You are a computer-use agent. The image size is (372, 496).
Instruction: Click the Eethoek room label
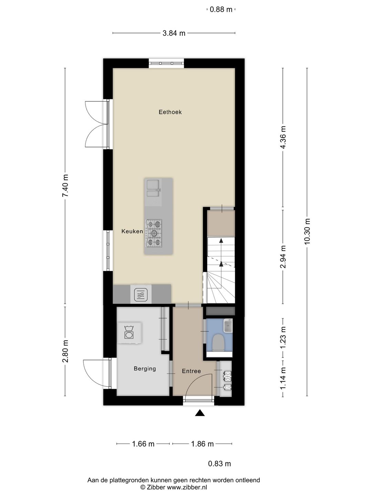170,112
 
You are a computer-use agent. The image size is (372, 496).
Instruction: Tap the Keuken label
132,231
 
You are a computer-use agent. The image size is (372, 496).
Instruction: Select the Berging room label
145,369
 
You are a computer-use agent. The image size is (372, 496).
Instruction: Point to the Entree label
191,371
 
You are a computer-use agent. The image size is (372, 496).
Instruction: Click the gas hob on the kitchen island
154,233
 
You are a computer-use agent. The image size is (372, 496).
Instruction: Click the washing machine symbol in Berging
129,333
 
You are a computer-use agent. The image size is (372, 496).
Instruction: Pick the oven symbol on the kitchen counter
141,294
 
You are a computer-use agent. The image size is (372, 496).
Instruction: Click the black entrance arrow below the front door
200,413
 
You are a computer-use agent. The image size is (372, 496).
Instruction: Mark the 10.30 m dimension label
307,231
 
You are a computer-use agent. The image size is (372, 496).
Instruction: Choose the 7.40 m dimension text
65,186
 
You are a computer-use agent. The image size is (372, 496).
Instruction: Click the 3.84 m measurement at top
174,33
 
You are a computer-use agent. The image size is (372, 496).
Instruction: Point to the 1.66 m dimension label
143,444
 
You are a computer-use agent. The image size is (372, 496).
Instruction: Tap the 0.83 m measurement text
219,464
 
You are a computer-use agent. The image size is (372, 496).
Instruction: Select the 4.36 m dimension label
283,137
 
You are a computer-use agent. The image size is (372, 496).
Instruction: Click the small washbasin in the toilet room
228,325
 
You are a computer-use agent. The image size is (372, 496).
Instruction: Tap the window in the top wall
166,63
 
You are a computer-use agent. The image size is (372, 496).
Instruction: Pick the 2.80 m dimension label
65,351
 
